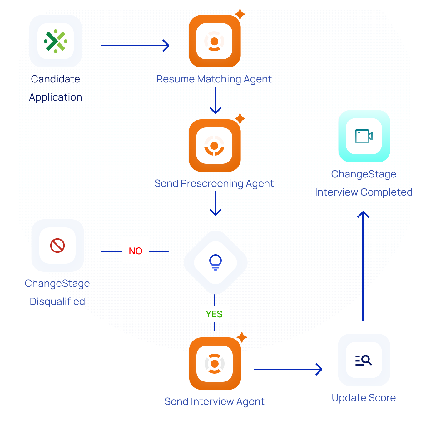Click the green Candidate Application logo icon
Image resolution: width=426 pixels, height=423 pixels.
[x=56, y=41]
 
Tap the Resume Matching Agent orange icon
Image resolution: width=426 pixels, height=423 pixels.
[x=215, y=41]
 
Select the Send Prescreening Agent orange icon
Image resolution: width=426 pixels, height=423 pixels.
[x=215, y=146]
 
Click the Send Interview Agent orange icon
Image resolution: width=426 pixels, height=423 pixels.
[x=215, y=364]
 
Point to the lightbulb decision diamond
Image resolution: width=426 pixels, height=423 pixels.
[x=215, y=262]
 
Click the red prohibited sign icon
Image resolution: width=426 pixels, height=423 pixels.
[x=57, y=246]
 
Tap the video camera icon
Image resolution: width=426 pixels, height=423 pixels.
[x=364, y=136]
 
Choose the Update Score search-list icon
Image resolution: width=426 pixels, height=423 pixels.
[x=364, y=360]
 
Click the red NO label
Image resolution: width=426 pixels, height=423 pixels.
[x=136, y=251]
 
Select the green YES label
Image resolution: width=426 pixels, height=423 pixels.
[x=214, y=314]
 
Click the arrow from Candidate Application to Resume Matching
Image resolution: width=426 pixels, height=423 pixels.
[x=135, y=46]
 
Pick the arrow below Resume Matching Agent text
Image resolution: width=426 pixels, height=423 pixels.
[x=215, y=101]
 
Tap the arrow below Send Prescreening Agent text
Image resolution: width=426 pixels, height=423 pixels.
[x=215, y=204]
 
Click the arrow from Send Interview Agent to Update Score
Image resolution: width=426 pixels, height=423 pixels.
[x=288, y=369]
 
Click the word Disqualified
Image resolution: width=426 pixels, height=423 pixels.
[x=57, y=301]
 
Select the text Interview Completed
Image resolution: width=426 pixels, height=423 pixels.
[x=364, y=192]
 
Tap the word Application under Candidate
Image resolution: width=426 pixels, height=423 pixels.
[x=56, y=97]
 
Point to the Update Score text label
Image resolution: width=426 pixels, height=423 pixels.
[x=364, y=398]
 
